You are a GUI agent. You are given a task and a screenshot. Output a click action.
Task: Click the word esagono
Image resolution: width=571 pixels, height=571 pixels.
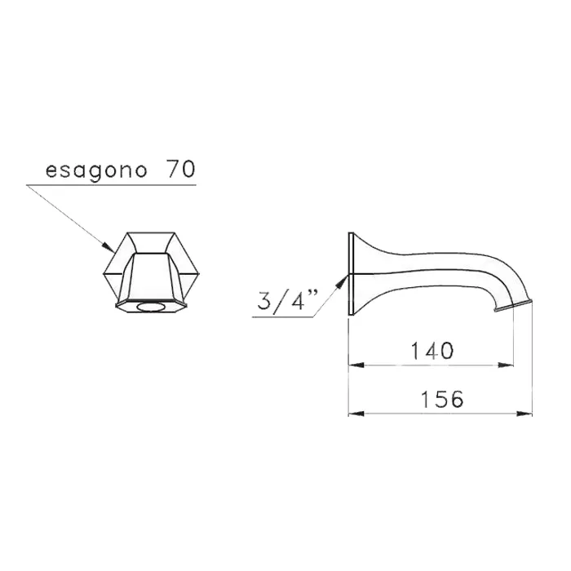[96, 170]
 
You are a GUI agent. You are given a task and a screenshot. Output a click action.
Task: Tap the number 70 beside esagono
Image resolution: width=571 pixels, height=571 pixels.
[181, 169]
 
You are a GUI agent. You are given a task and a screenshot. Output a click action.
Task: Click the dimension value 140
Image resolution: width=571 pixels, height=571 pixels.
[432, 351]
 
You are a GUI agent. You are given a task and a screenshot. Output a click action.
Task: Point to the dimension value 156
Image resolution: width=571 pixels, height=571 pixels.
[442, 399]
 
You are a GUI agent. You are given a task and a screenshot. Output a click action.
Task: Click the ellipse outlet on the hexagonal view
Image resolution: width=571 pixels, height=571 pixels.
[151, 308]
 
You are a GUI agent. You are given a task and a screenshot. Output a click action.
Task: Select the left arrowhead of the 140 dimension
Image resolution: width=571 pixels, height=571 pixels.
[356, 365]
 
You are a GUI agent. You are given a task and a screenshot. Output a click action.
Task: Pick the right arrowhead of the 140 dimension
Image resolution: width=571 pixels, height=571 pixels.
[506, 365]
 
